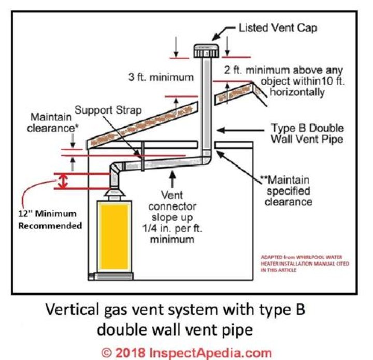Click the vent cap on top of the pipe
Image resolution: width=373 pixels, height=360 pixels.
pos(206,51)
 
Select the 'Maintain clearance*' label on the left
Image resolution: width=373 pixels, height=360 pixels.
pos(51,122)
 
